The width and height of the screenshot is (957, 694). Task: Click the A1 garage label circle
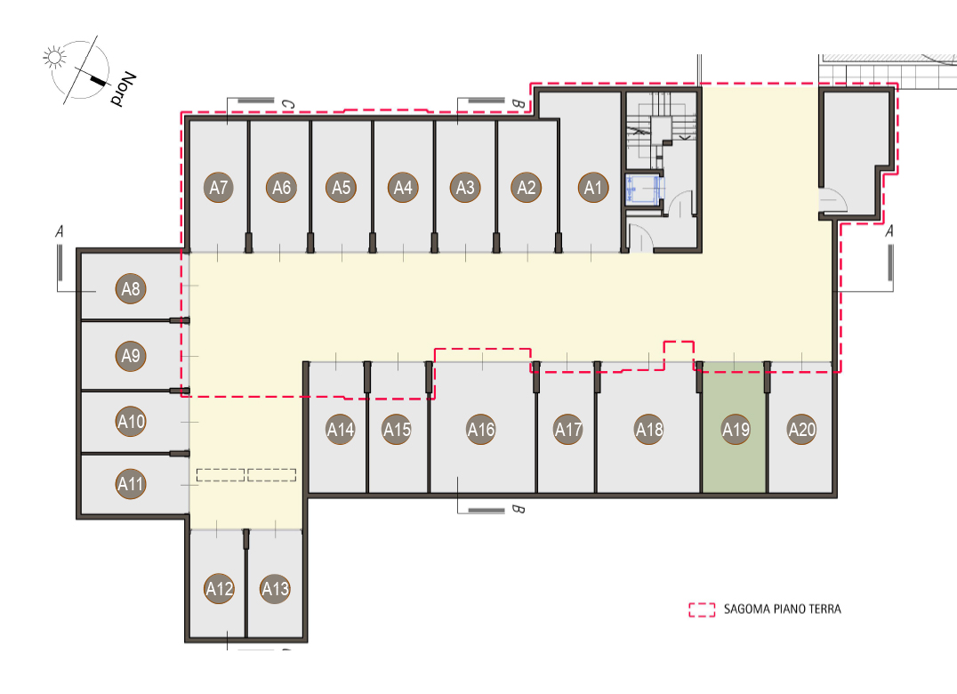coord(593,188)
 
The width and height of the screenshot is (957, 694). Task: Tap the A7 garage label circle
coord(219,188)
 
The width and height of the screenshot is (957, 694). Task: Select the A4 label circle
coord(403,188)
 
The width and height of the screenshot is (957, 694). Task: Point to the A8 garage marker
coord(131,288)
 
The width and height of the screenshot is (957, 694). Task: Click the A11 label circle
coord(131,484)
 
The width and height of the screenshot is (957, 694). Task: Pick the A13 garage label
coord(275,588)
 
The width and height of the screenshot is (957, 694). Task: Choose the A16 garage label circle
coord(481,430)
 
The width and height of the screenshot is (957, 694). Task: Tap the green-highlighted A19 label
coord(736,430)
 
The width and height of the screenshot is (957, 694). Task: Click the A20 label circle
coord(802,430)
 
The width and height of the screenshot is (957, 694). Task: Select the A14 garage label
coord(341,430)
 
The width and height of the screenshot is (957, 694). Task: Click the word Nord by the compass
coord(123,89)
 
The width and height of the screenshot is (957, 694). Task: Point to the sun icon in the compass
coord(54,57)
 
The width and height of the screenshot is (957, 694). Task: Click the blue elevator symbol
coord(643,188)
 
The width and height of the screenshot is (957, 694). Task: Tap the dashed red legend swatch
coord(702,609)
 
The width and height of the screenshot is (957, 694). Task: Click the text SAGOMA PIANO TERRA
coord(783,609)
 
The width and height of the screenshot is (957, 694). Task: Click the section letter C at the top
coord(287,105)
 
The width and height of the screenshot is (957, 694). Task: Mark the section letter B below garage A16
coord(518,509)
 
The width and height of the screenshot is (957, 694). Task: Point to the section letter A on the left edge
coord(60,232)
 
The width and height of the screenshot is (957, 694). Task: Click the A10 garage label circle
coord(131,421)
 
